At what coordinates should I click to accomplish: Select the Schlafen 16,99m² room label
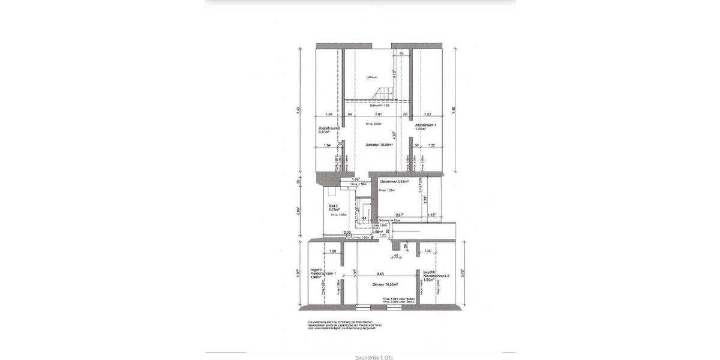click(x=380, y=145)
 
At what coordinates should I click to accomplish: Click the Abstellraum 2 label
click(x=329, y=128)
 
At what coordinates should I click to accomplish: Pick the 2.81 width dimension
click(x=378, y=114)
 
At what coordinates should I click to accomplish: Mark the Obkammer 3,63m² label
click(x=394, y=181)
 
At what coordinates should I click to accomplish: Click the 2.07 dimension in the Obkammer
click(x=400, y=214)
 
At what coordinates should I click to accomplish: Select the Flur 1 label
click(x=376, y=230)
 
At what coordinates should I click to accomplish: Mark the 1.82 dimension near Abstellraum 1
click(x=427, y=114)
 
